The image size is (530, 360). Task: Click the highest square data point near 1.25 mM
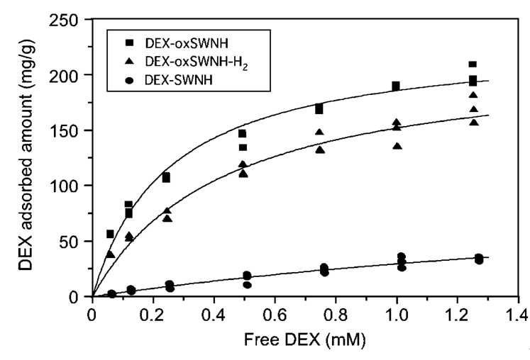tap(473, 64)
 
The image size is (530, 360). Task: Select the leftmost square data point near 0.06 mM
tap(110, 234)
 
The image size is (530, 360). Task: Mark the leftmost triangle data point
tap(110, 254)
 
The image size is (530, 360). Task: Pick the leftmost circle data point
tap(111, 293)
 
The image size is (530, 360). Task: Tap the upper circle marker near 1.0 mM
tap(402, 257)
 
